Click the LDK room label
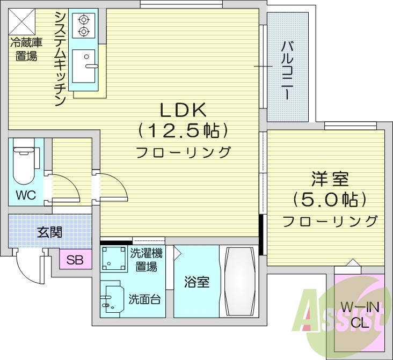point(183,111)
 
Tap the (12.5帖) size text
point(183,130)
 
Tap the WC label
point(25,195)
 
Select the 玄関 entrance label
point(49,232)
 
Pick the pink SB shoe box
point(75,261)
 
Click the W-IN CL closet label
point(358,315)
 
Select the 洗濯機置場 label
point(146,259)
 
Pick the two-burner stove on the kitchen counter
point(83,26)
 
